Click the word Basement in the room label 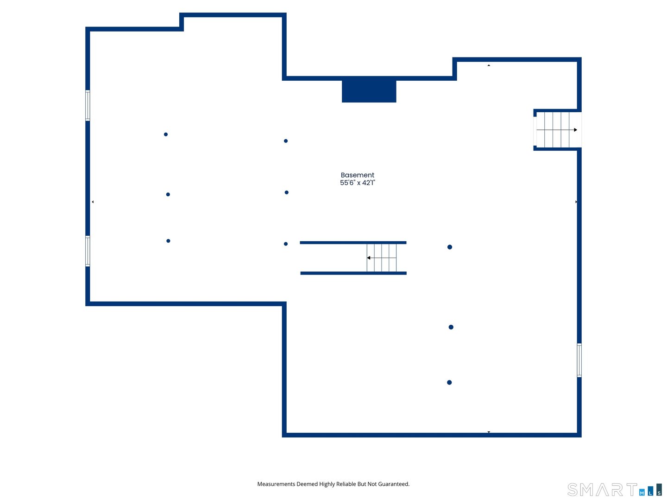(x=357, y=175)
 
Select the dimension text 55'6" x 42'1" (x=357, y=182)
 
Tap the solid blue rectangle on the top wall (x=369, y=91)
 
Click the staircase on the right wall (x=557, y=130)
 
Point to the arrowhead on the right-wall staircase (x=575, y=130)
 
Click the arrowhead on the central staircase (x=368, y=257)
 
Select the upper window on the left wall (x=88, y=105)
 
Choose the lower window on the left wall (x=88, y=251)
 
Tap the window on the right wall (x=579, y=360)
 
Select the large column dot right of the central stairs (x=449, y=247)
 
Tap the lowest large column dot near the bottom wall (x=449, y=382)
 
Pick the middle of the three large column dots (x=451, y=327)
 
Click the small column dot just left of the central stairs (x=286, y=244)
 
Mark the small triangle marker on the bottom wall (x=489, y=432)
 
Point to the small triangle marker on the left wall (x=93, y=202)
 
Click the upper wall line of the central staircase (x=353, y=243)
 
